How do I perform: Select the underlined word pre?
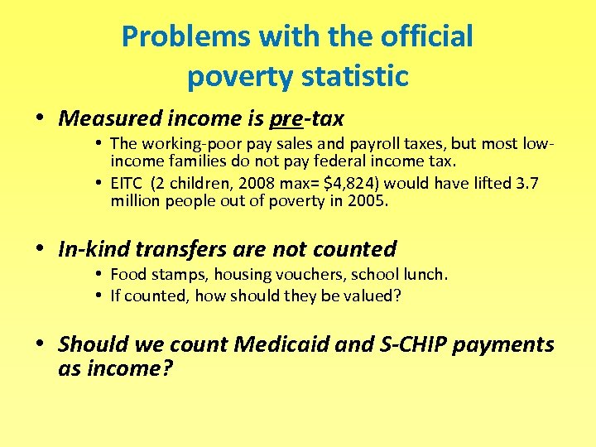point(286,118)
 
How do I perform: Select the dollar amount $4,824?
point(353,182)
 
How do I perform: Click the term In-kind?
point(91,249)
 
